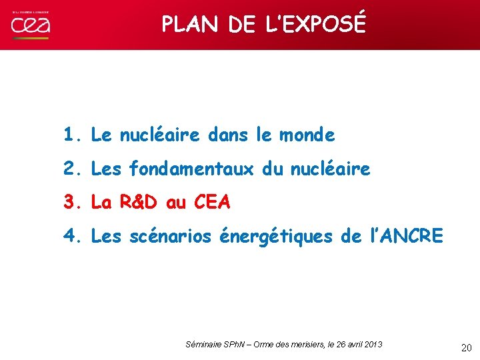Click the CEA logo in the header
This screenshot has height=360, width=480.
click(30, 25)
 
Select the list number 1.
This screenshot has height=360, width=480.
click(71, 135)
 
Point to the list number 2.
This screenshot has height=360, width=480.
click(71, 169)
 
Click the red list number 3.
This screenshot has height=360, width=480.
click(71, 202)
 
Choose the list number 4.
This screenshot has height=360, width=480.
click(71, 235)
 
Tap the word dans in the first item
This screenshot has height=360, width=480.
click(227, 135)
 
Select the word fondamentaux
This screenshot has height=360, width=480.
click(191, 169)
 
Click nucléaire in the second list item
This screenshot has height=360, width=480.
click(330, 169)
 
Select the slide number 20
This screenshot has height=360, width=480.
click(467, 347)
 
